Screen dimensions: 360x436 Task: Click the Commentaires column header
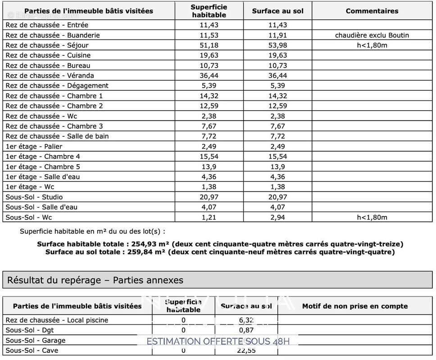(x=372, y=11)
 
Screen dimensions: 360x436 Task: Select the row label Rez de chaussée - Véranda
(x=50, y=76)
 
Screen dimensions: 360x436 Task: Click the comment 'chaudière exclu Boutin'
(x=372, y=35)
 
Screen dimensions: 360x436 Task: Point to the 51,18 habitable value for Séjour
(x=209, y=45)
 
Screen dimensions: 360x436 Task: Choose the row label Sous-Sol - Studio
(x=34, y=197)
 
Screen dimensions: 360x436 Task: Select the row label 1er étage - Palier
(x=34, y=146)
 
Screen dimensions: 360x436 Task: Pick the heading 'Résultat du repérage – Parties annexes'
(x=95, y=280)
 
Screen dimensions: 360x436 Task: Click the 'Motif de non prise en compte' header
(x=355, y=306)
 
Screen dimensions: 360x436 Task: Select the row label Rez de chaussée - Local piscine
(x=57, y=320)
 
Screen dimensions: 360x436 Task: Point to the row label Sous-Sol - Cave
(x=32, y=351)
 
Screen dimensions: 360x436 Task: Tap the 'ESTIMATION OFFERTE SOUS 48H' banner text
(x=218, y=341)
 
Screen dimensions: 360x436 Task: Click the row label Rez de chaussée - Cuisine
(x=48, y=55)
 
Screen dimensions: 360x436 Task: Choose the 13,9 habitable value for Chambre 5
(x=209, y=166)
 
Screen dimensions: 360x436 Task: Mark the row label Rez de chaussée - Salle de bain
(x=57, y=136)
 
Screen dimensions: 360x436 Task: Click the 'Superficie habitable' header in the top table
(x=209, y=11)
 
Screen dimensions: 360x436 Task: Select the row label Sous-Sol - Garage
(x=36, y=341)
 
